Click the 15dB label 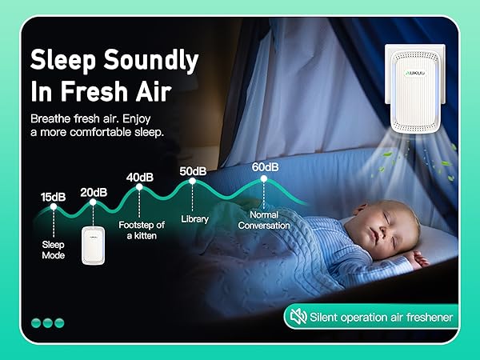[54, 197]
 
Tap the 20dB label [93, 192]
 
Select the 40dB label [139, 177]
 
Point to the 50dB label [193, 171]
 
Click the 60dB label [265, 167]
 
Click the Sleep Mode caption [54, 249]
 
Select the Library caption [194, 218]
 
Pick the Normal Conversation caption [265, 220]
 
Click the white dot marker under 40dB [139, 188]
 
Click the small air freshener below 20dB [95, 246]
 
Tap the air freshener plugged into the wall [414, 89]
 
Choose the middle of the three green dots [47, 322]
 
